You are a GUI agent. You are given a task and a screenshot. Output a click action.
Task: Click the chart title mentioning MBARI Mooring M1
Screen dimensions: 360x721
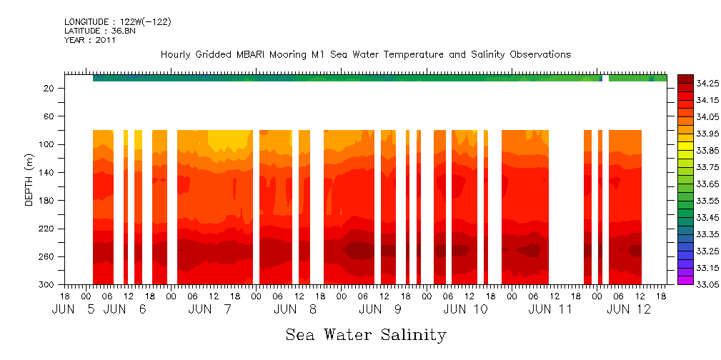[365, 55]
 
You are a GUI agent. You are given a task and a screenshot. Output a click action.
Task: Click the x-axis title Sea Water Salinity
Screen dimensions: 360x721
[366, 334]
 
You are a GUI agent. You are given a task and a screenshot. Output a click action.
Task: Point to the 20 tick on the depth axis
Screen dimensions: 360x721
[50, 88]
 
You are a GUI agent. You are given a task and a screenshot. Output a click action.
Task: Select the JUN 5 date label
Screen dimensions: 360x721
[73, 309]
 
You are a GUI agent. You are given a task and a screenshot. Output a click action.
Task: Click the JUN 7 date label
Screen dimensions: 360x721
[210, 309]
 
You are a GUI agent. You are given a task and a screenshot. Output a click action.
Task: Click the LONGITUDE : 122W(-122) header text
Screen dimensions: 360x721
[117, 22]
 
